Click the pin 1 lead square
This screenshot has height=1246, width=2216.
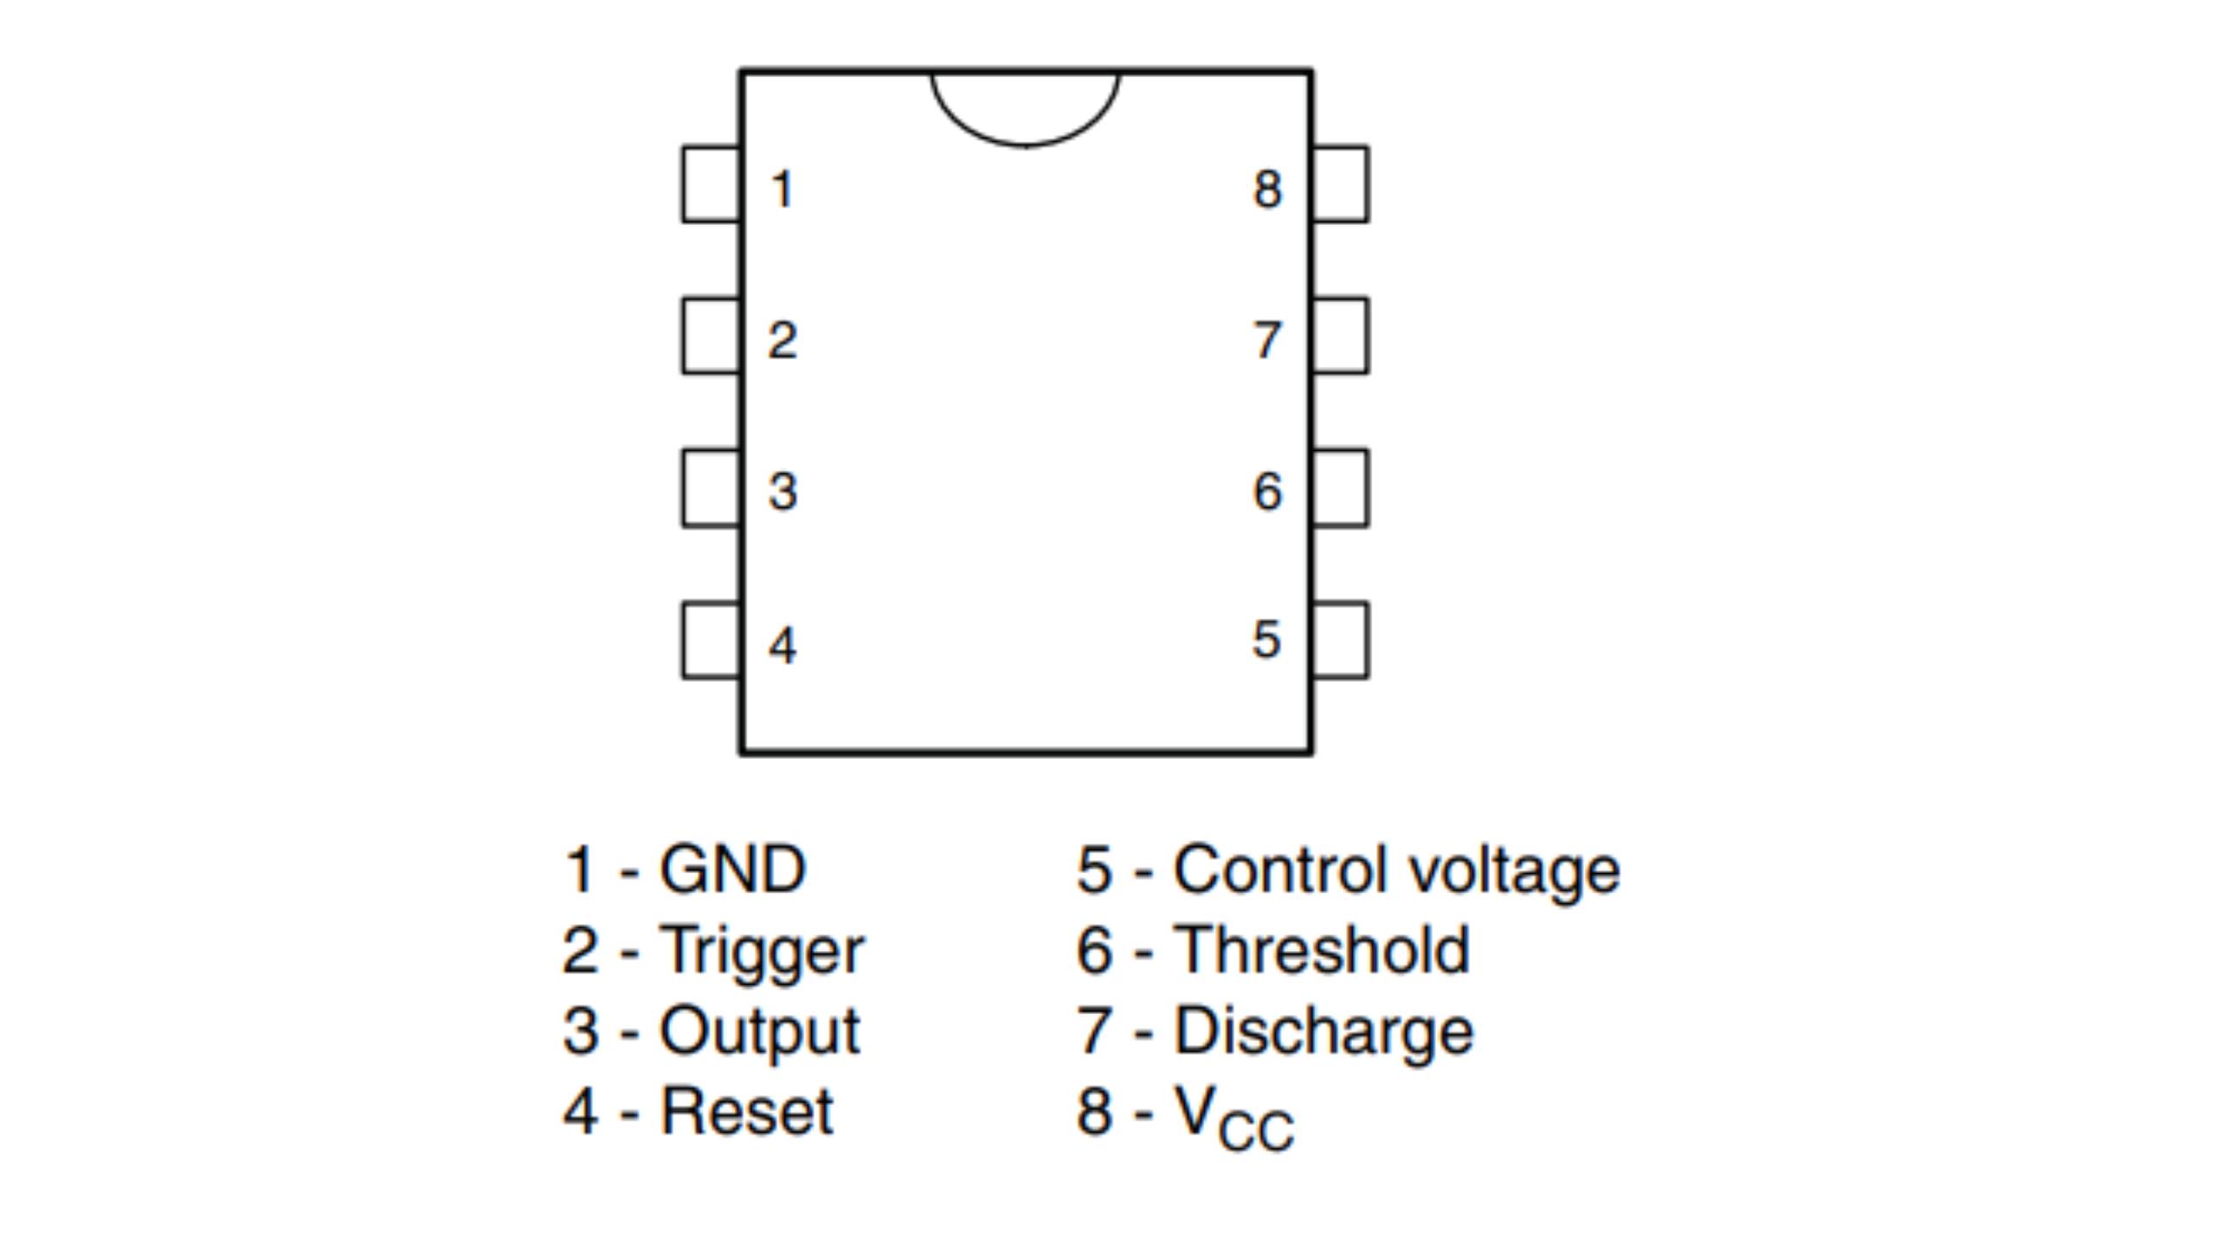coord(711,184)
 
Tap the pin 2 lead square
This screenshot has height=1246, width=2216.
coord(711,336)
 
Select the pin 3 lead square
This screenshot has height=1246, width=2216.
coord(711,488)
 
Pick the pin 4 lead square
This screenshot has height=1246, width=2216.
coord(711,640)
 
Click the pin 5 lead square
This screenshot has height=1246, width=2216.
coord(1341,640)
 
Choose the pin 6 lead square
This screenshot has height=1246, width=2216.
coord(1341,488)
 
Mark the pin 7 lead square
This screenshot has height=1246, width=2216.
coord(1341,336)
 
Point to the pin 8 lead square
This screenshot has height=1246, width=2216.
coord(1341,184)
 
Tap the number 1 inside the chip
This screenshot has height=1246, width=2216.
coord(783,189)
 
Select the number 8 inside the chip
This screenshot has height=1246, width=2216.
coord(1267,189)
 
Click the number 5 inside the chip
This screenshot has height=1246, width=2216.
coord(1266,639)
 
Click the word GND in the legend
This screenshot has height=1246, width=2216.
coord(732,869)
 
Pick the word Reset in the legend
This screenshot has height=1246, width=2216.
coord(746,1111)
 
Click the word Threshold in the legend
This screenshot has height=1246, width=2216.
coord(1321,950)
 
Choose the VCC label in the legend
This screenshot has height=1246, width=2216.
coord(1234,1118)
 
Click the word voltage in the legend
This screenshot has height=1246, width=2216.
coord(1514,870)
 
